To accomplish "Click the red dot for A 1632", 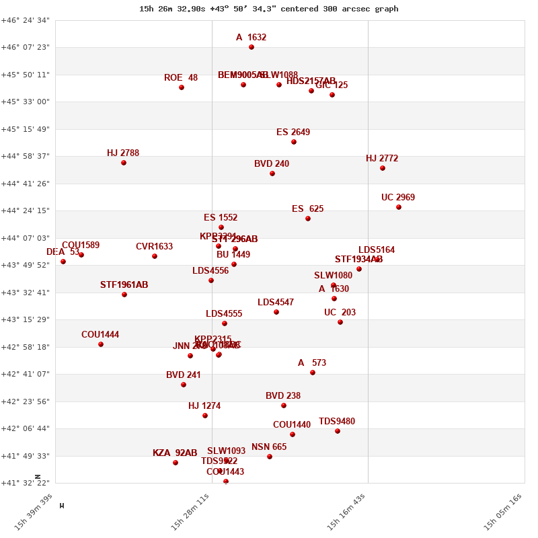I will [x=252, y=47].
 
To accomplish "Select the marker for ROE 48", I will [x=182, y=87].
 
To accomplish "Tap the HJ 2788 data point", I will [x=124, y=163].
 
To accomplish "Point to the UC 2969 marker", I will [x=399, y=207].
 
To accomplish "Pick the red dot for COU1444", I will [x=101, y=344].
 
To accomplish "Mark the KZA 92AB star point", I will [x=176, y=463].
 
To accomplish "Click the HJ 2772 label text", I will [x=382, y=159].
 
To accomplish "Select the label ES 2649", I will [x=293, y=132].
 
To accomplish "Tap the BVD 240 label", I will [x=272, y=164].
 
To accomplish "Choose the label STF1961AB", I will [x=124, y=285].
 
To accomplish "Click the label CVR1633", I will [x=154, y=247].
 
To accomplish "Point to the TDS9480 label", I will [x=337, y=422].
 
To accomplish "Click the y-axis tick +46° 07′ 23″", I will [x=25, y=47].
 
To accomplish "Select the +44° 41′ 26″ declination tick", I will [x=25, y=184].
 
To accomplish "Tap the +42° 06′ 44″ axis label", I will [x=25, y=428].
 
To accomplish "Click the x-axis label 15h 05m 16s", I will [x=503, y=512].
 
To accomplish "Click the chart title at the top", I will [x=269, y=9].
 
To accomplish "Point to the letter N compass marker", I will [x=38, y=476].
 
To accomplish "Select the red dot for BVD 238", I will [x=284, y=406].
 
